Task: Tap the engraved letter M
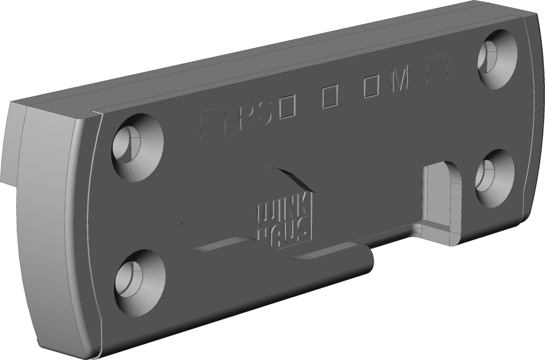pos(400,82)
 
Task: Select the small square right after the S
pos(288,108)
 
